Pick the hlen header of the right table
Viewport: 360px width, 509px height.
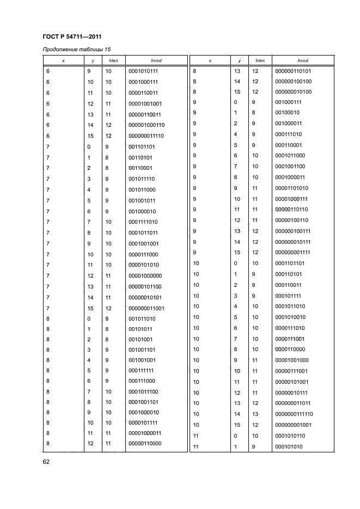(x=260, y=60)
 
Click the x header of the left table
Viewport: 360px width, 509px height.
(x=64, y=60)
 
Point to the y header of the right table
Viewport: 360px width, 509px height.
(x=237, y=60)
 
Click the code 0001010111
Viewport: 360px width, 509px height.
(x=143, y=71)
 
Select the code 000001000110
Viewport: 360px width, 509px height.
(x=147, y=125)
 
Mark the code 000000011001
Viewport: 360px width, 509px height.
(x=147, y=308)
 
